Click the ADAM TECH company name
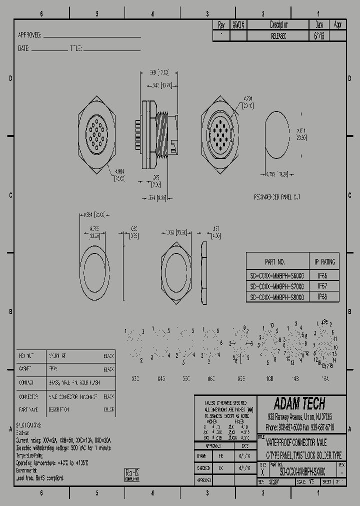click(299, 403)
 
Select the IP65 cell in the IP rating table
click(323, 275)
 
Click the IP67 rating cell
click(323, 286)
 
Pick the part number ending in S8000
click(276, 297)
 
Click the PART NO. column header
click(275, 262)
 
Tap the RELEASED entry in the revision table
click(278, 36)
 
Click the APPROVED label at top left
click(29, 35)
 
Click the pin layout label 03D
click(135, 379)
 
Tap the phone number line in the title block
click(300, 427)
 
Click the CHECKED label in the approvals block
click(203, 468)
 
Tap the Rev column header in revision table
click(220, 24)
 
